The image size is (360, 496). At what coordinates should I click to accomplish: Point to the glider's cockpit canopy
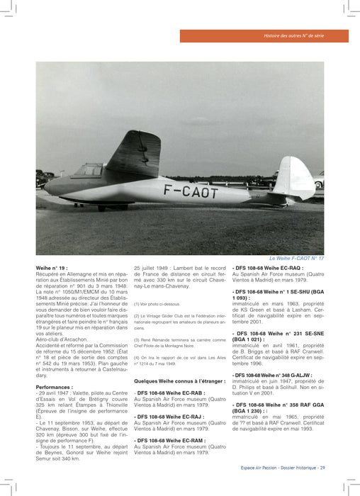point(88,171)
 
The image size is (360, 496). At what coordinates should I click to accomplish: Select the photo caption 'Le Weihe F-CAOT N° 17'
point(297,259)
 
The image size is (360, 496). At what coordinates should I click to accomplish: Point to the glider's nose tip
point(45,187)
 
